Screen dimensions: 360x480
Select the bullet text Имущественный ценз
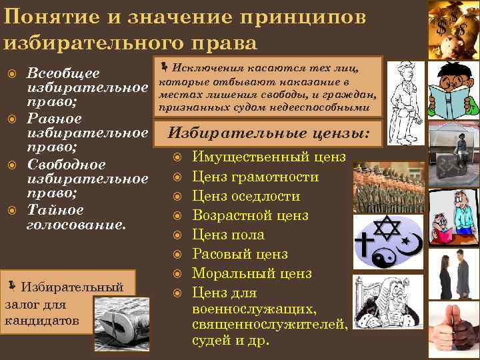[x=269, y=157]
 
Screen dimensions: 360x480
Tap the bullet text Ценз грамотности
[x=255, y=177]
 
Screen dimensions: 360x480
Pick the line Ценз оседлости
[x=246, y=196]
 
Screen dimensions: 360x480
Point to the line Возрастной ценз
[x=250, y=215]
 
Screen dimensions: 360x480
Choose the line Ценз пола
[x=228, y=235]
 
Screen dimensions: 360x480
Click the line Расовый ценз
[x=240, y=254]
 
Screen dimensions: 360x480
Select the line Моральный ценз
[x=251, y=273]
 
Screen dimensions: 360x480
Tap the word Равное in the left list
[x=53, y=119]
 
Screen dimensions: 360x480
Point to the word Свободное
[x=65, y=164]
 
